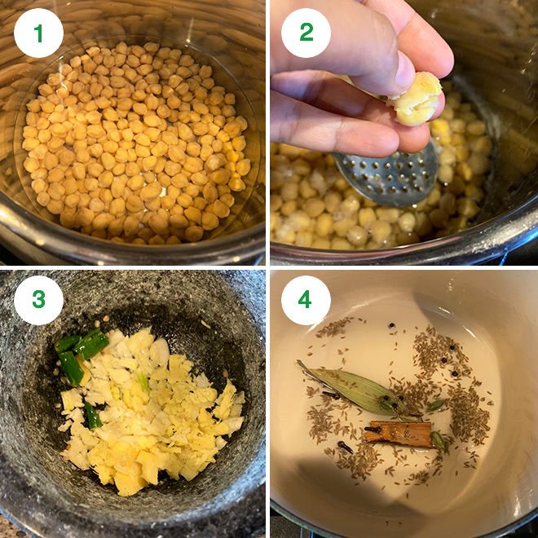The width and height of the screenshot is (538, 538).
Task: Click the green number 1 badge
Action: click(x=38, y=33)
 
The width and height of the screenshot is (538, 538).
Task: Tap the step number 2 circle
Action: click(x=306, y=33)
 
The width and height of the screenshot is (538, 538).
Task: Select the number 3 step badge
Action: click(x=38, y=300)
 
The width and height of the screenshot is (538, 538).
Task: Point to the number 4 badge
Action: click(x=306, y=300)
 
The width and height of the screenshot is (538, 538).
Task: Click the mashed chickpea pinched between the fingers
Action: click(x=417, y=99)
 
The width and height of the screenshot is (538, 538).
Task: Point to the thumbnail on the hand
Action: click(x=405, y=71)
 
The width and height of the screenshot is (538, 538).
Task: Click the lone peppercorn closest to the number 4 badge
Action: click(x=391, y=325)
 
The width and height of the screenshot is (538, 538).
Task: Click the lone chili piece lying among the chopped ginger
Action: click(x=93, y=417)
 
